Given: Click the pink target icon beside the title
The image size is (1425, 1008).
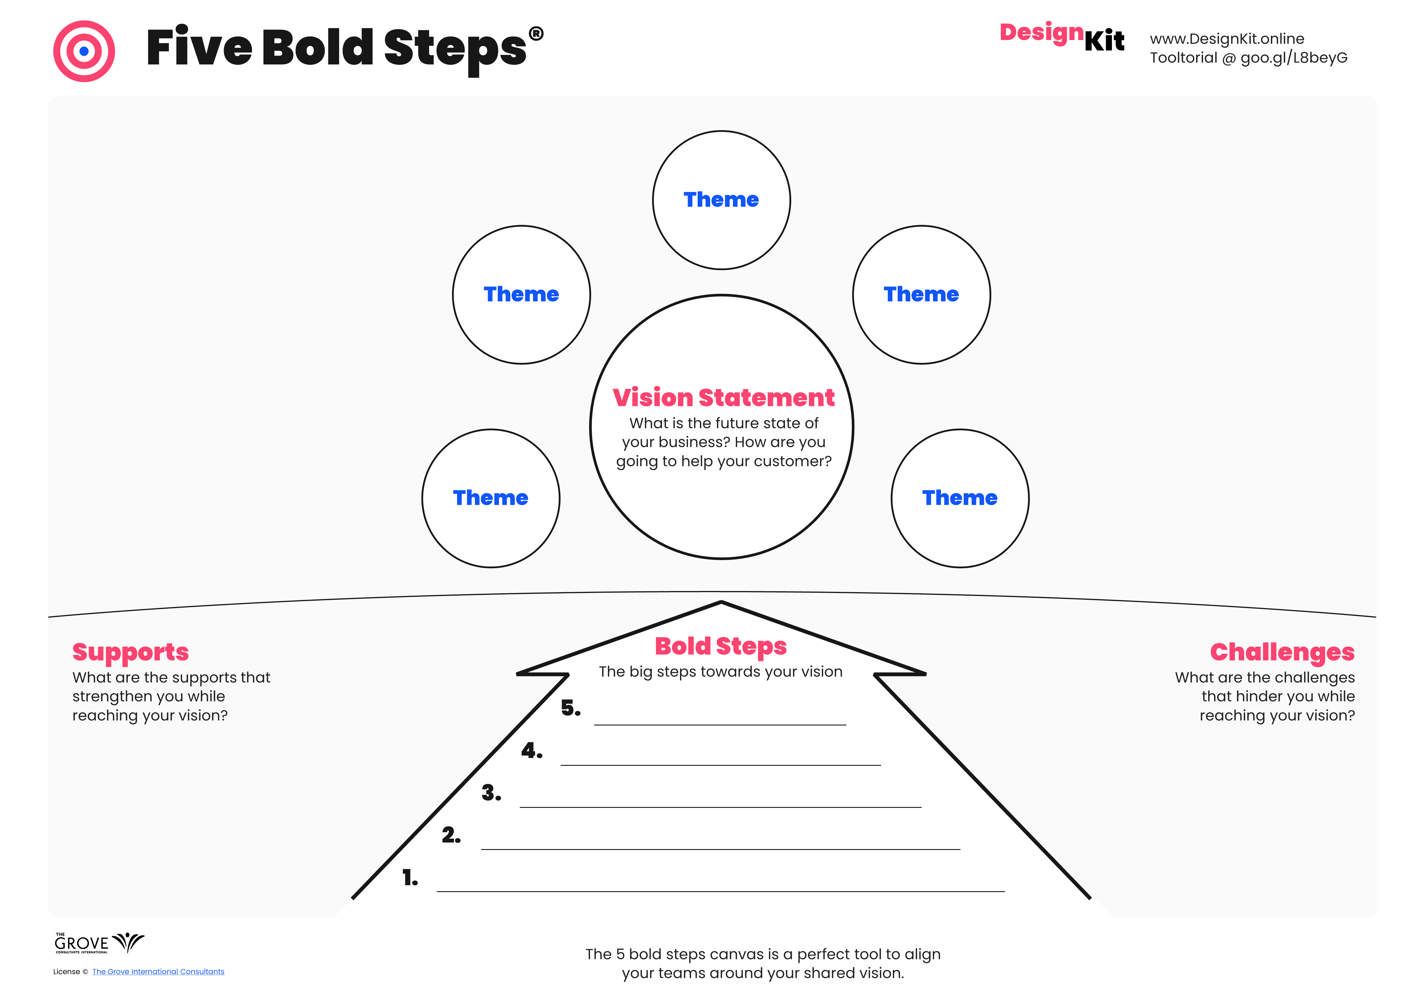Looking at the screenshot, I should pos(84,51).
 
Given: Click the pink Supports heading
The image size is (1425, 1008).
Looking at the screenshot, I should pos(130,652).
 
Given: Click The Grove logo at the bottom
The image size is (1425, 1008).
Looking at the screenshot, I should pos(99,943).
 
